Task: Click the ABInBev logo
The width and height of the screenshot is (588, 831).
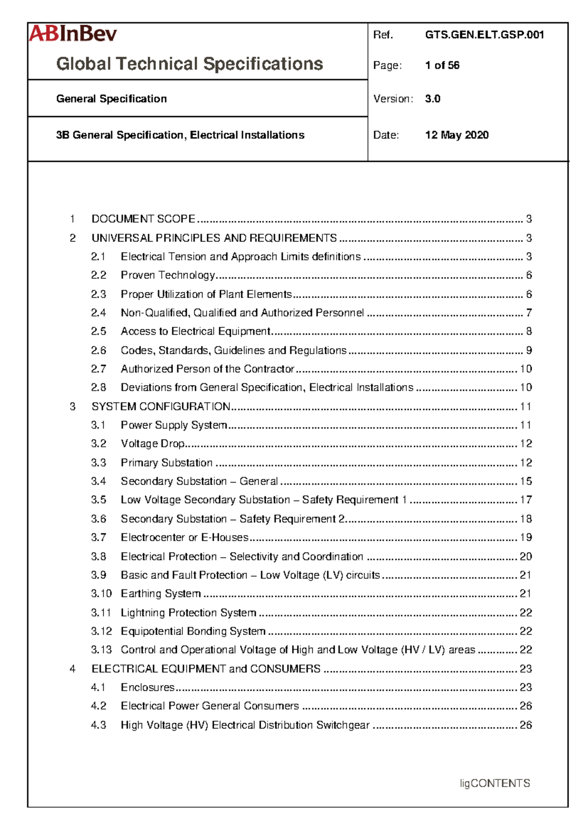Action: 73,34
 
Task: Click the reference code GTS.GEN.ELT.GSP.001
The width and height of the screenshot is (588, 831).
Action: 484,35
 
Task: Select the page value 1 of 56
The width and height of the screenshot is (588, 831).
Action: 442,65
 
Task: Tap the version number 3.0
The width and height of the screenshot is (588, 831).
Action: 433,99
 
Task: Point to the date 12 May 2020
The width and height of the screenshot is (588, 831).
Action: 457,135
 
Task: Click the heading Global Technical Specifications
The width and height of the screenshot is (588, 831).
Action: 190,64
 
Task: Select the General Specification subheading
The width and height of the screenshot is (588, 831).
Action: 111,99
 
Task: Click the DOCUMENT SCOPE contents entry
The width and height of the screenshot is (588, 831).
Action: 144,219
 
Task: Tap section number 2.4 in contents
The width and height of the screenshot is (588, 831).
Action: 98,313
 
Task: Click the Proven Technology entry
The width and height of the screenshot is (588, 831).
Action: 168,275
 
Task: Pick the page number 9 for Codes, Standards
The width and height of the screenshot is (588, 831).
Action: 529,350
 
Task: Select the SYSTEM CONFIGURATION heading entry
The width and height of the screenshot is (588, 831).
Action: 161,407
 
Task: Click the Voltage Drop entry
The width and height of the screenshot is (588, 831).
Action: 152,444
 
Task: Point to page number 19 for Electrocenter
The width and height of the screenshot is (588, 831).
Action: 526,538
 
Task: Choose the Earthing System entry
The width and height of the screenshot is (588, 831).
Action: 161,594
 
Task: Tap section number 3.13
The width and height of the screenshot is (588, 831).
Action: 101,650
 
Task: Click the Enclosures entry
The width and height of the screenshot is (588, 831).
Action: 147,687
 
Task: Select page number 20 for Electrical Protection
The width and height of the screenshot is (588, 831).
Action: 526,557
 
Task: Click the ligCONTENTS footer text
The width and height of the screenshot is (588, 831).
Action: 495,783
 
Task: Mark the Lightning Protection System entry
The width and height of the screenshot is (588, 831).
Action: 188,613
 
